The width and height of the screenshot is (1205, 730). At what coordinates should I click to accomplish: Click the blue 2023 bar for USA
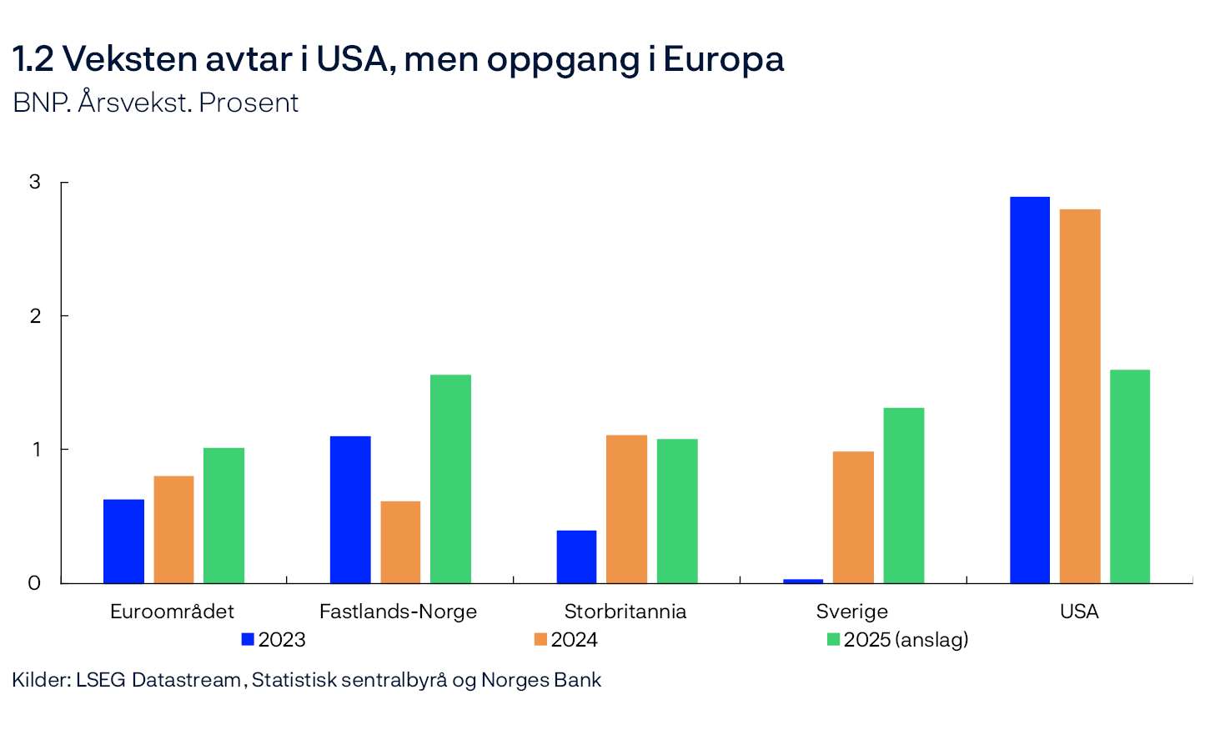1029,390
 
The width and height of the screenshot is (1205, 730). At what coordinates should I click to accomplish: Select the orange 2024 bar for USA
1080,396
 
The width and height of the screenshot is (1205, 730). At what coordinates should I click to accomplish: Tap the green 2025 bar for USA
1130,476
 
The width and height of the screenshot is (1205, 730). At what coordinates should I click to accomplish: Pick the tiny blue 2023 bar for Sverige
803,581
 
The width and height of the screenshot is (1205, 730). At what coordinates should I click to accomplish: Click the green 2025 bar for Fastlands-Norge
450,479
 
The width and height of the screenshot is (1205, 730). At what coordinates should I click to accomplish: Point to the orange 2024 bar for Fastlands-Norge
400,542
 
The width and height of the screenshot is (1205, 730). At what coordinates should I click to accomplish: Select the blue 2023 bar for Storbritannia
576,556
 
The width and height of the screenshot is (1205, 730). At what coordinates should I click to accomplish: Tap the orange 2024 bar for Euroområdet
173,530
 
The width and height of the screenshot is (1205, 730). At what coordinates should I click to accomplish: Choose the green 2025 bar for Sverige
904,496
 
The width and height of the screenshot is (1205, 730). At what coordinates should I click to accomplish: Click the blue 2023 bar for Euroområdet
123,541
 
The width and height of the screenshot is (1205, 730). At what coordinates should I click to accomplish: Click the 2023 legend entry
274,640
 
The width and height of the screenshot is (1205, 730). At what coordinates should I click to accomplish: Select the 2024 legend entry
566,640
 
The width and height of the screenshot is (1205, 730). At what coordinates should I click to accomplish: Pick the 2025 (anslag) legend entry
897,640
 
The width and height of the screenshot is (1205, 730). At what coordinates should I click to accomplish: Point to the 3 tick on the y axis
35,182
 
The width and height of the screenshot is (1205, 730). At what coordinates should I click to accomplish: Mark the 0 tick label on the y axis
35,583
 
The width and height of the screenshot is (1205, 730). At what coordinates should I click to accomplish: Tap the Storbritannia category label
625,612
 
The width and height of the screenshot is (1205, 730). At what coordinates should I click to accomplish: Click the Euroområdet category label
172,612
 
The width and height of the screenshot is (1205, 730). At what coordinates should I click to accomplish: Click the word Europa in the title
724,59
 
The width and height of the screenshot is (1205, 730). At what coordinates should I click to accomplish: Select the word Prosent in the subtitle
249,103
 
